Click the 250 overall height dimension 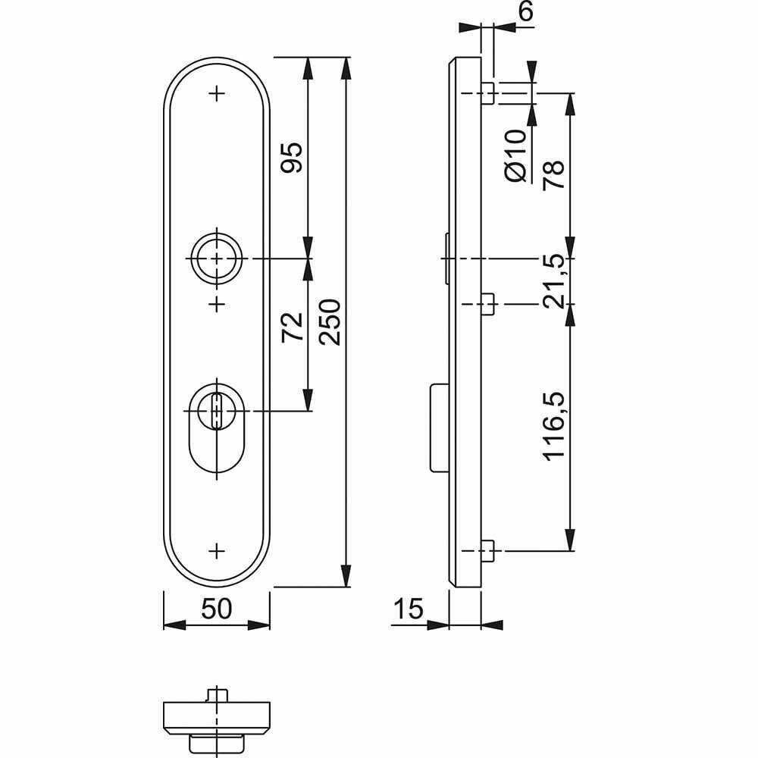click(x=330, y=322)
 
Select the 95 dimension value click(x=292, y=158)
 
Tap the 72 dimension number click(x=292, y=327)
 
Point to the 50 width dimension click(x=217, y=609)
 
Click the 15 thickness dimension click(x=409, y=609)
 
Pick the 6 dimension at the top click(x=525, y=11)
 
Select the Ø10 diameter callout click(x=515, y=155)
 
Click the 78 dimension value click(x=553, y=174)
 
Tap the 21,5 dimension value click(x=553, y=281)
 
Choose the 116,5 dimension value click(x=553, y=426)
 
